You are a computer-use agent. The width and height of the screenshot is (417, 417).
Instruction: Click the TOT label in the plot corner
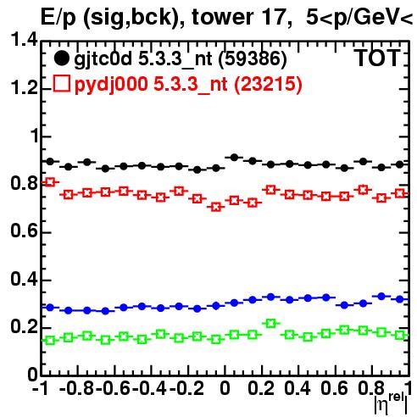pyautogui.click(x=377, y=58)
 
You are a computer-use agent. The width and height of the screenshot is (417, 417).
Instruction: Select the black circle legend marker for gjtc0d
pyautogui.click(x=61, y=58)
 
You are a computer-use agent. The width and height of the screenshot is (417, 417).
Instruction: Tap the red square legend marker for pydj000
pyautogui.click(x=62, y=83)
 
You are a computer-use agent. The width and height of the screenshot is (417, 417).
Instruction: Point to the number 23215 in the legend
pyautogui.click(x=268, y=84)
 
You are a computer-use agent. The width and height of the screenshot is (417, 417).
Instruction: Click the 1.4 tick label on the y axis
pyautogui.click(x=24, y=41)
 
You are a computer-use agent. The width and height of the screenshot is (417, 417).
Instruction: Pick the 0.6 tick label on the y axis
pyautogui.click(x=24, y=231)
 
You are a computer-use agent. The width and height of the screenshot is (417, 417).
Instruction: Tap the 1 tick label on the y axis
pyautogui.click(x=35, y=136)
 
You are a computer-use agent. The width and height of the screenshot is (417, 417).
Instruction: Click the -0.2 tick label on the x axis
pyautogui.click(x=186, y=389)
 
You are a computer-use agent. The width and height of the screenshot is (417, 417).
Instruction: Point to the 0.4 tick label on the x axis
pyautogui.click(x=297, y=389)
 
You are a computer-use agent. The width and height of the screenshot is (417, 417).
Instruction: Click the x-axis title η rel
pyautogui.click(x=391, y=403)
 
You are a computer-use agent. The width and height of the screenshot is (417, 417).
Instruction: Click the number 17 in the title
pyautogui.click(x=275, y=17)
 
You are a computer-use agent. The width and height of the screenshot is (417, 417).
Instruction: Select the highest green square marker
pyautogui.click(x=271, y=323)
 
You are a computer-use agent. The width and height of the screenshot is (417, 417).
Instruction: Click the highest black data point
pyautogui.click(x=234, y=158)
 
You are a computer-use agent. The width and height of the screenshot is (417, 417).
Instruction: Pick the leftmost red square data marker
pyautogui.click(x=50, y=182)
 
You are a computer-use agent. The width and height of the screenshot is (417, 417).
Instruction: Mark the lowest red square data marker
pyautogui.click(x=216, y=207)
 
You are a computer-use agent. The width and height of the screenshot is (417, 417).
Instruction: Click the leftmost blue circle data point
pyautogui.click(x=50, y=307)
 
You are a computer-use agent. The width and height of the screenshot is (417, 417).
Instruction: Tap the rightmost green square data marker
pyautogui.click(x=400, y=336)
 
